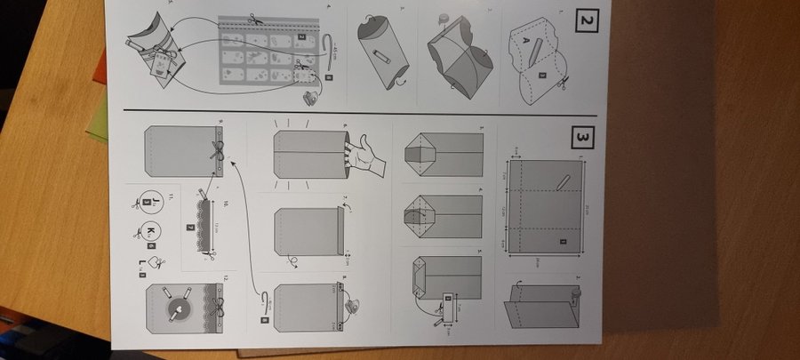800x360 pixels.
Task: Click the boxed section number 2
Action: [586, 19]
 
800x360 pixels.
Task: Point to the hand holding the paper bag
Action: [364, 152]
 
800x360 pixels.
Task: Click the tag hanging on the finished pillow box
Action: [163, 63]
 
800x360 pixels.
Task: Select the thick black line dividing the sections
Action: [356, 111]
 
